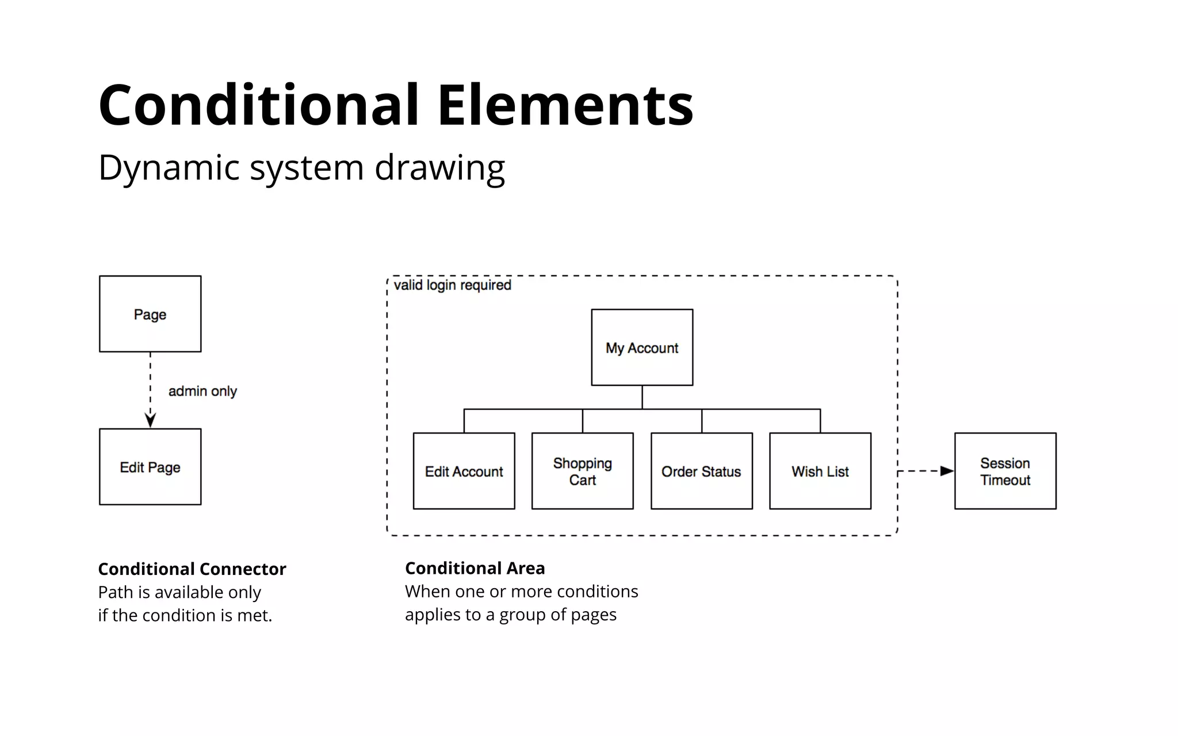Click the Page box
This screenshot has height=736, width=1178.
(x=150, y=314)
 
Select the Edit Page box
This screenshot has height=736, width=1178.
(x=150, y=467)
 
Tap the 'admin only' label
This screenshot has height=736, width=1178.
(x=202, y=391)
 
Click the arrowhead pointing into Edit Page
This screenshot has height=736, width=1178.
(x=150, y=421)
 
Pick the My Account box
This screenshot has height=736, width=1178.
(x=642, y=347)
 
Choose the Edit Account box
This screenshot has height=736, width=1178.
(x=464, y=471)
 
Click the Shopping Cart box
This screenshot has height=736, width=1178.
(x=582, y=471)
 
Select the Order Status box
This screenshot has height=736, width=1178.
(x=701, y=471)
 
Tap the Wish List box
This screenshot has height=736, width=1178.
(x=820, y=471)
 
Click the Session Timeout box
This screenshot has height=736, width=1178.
(x=1005, y=471)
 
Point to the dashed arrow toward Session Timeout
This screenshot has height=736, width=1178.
(x=925, y=471)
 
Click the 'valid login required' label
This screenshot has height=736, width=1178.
(x=453, y=285)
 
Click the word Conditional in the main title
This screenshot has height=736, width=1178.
(x=259, y=105)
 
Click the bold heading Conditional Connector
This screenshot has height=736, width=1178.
(x=192, y=569)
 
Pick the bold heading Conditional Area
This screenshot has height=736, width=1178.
(x=475, y=568)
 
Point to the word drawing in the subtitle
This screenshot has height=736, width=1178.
(x=439, y=168)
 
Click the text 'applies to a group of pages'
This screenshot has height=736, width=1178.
(x=510, y=615)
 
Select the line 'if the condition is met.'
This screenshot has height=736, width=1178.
(x=185, y=615)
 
